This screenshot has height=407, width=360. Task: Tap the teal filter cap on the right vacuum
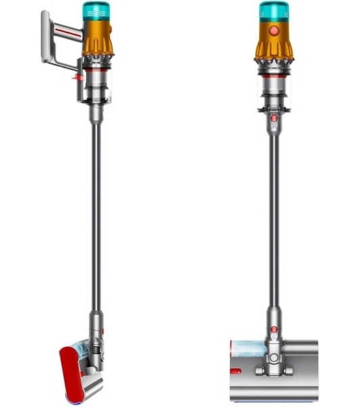coord(274,12)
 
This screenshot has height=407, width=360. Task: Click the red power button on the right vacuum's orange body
coord(274,31)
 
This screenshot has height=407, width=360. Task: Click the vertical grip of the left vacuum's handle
coord(47,37)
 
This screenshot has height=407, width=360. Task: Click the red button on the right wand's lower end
coord(274,330)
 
